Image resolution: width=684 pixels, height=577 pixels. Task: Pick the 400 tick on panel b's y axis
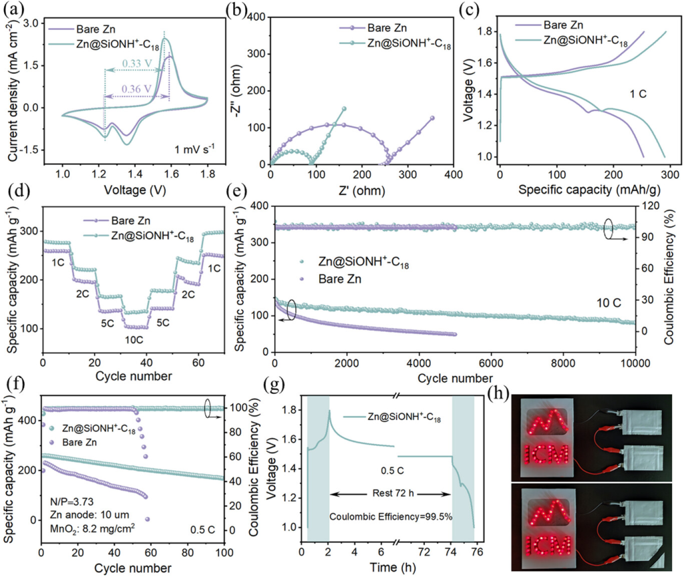252,18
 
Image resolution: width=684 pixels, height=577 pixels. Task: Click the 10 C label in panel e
609,303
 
